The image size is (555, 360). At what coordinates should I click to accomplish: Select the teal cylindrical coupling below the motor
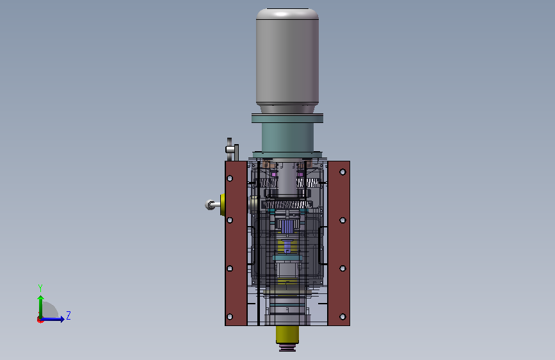287,137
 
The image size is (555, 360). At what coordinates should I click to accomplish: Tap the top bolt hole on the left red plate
230,178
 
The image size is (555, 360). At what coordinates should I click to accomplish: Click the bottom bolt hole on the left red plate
230,316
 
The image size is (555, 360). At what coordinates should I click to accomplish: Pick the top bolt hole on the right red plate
342,172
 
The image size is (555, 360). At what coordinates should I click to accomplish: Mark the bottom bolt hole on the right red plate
342,316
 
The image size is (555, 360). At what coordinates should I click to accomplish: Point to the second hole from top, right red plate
342,220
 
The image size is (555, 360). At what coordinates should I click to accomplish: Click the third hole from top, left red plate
230,268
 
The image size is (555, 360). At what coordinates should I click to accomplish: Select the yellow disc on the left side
223,205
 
